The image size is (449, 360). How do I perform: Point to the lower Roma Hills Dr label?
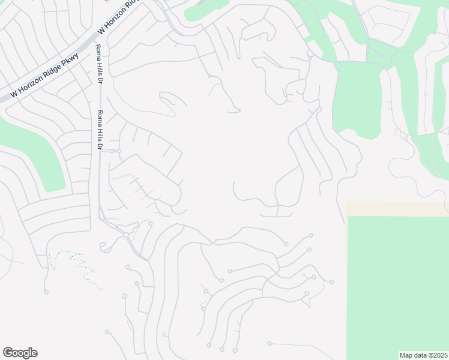[100, 130]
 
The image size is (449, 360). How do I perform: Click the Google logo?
[20, 353]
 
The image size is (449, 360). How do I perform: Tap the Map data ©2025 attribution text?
[423, 355]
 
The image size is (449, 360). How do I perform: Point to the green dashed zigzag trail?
[75, 265]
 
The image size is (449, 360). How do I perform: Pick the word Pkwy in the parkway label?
[70, 60]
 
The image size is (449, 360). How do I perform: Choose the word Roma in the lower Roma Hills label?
[100, 118]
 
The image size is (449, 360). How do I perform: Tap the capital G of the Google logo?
[8, 352]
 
